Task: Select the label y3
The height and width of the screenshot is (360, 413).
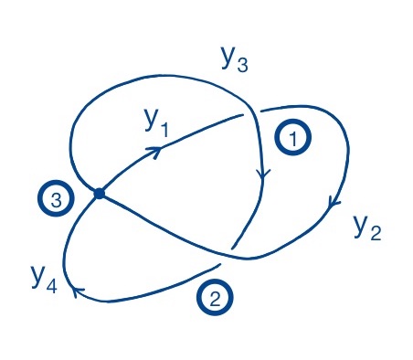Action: click(234, 58)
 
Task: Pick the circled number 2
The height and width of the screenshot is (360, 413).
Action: click(213, 298)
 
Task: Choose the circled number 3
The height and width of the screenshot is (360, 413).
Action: click(55, 202)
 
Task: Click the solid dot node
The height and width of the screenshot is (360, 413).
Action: click(99, 193)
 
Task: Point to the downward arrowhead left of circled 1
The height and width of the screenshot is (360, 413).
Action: click(264, 173)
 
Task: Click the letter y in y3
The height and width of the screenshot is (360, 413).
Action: click(228, 57)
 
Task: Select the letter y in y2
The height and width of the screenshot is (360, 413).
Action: click(361, 224)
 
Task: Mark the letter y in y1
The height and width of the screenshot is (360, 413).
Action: click(150, 120)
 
